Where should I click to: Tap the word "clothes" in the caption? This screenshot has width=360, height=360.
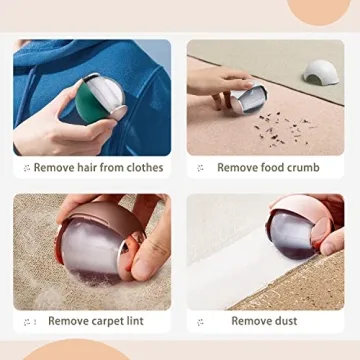pyautogui.click(x=142, y=167)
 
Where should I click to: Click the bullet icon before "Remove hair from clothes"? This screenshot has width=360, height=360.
pyautogui.click(x=26, y=168)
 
